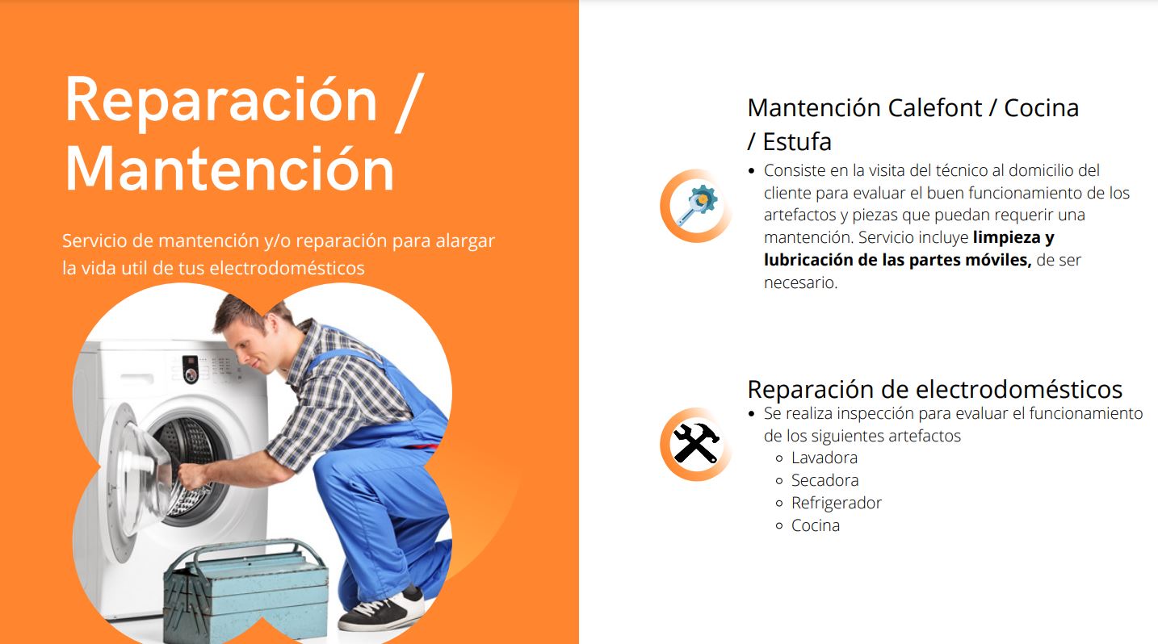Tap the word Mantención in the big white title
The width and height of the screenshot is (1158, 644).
point(229,169)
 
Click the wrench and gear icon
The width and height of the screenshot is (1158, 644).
point(696,206)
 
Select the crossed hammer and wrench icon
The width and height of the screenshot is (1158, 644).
point(696,444)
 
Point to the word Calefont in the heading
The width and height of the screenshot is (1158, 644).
point(934,108)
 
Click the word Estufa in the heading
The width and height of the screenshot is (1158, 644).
point(797,141)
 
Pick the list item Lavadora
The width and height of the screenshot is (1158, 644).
point(824,458)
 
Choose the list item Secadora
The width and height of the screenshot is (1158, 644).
point(824,480)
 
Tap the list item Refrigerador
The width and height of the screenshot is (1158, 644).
point(837,503)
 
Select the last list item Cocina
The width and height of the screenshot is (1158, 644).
point(816,525)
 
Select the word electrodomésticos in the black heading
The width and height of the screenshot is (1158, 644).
point(1019,390)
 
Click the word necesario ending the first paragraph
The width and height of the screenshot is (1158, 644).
point(800,282)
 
